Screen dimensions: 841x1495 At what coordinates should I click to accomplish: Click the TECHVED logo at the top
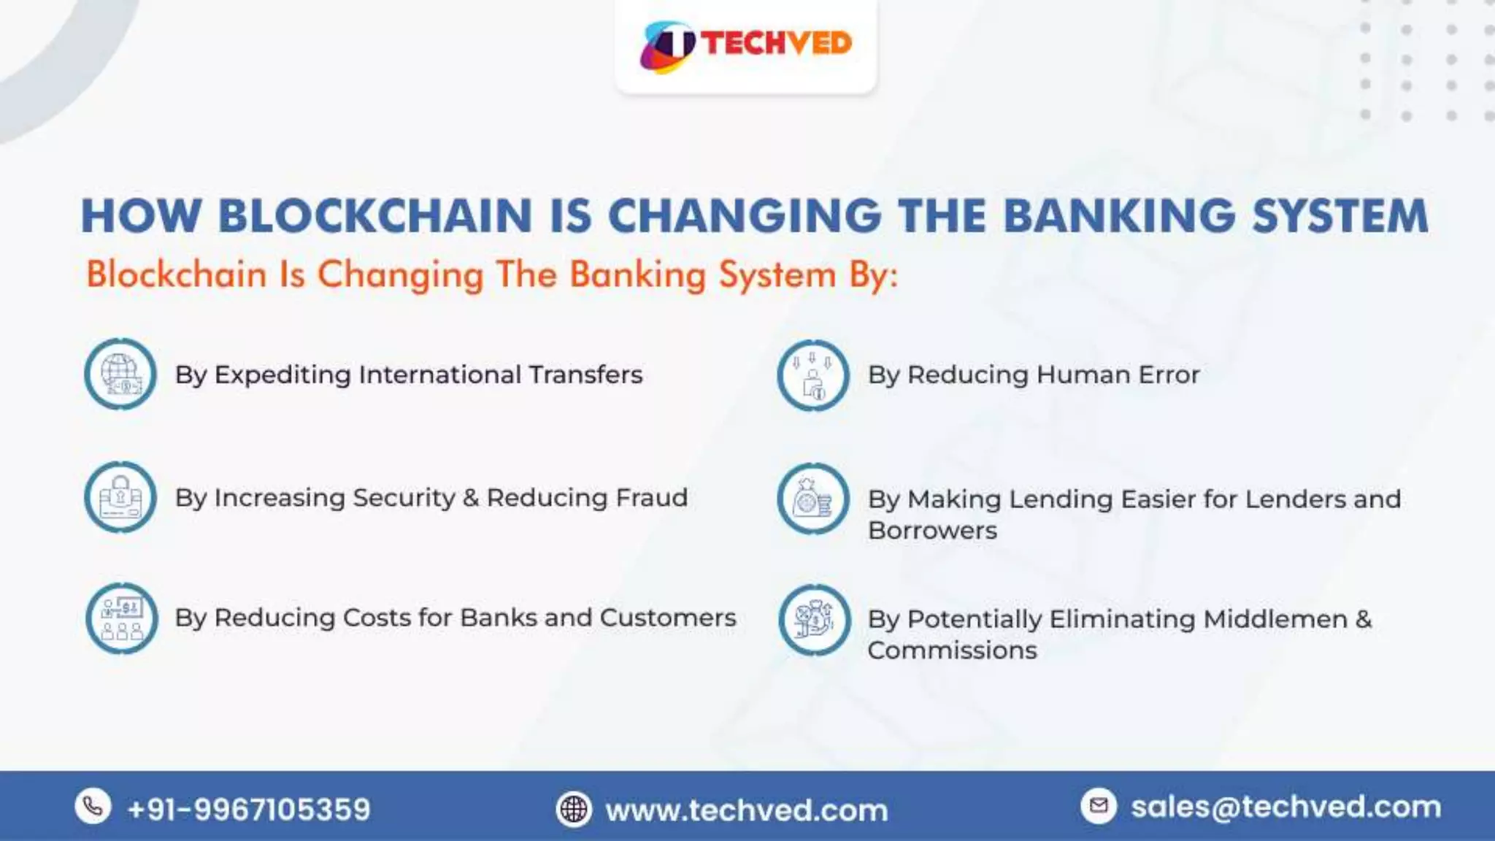point(745,45)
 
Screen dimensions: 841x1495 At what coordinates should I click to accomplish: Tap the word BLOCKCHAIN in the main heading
point(374,216)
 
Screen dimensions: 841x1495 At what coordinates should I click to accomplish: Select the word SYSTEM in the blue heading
point(1340,216)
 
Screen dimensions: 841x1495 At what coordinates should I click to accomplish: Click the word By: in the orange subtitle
point(873,276)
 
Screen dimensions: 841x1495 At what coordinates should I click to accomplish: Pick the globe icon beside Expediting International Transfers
point(120,374)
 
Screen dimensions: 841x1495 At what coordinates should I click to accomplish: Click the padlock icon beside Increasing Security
point(120,497)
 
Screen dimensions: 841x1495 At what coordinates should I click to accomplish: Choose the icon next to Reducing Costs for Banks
point(121,618)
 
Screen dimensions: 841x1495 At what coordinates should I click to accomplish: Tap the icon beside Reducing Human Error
point(813,375)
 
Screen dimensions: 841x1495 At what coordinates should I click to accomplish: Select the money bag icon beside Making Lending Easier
point(813,499)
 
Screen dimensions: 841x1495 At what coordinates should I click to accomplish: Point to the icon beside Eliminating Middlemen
point(815,620)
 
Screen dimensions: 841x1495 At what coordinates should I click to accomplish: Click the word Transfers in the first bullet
point(585,375)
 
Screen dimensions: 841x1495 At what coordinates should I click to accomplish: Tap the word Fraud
point(651,498)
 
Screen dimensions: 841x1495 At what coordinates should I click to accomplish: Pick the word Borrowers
point(932,531)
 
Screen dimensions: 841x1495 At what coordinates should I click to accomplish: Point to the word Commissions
point(952,650)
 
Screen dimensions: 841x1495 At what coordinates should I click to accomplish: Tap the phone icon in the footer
point(93,807)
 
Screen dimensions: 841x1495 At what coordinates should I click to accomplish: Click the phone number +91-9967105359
point(249,810)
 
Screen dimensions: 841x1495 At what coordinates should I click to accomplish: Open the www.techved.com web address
point(746,810)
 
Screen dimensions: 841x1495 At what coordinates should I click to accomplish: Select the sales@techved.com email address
point(1285,807)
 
